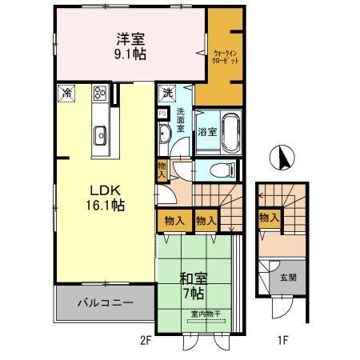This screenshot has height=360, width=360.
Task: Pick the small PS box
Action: point(162,114)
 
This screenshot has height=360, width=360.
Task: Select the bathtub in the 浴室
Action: point(231,130)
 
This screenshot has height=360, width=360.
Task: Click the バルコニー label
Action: point(105,303)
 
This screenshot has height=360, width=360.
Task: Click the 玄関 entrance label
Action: point(287,279)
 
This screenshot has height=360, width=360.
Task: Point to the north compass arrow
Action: point(281,157)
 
